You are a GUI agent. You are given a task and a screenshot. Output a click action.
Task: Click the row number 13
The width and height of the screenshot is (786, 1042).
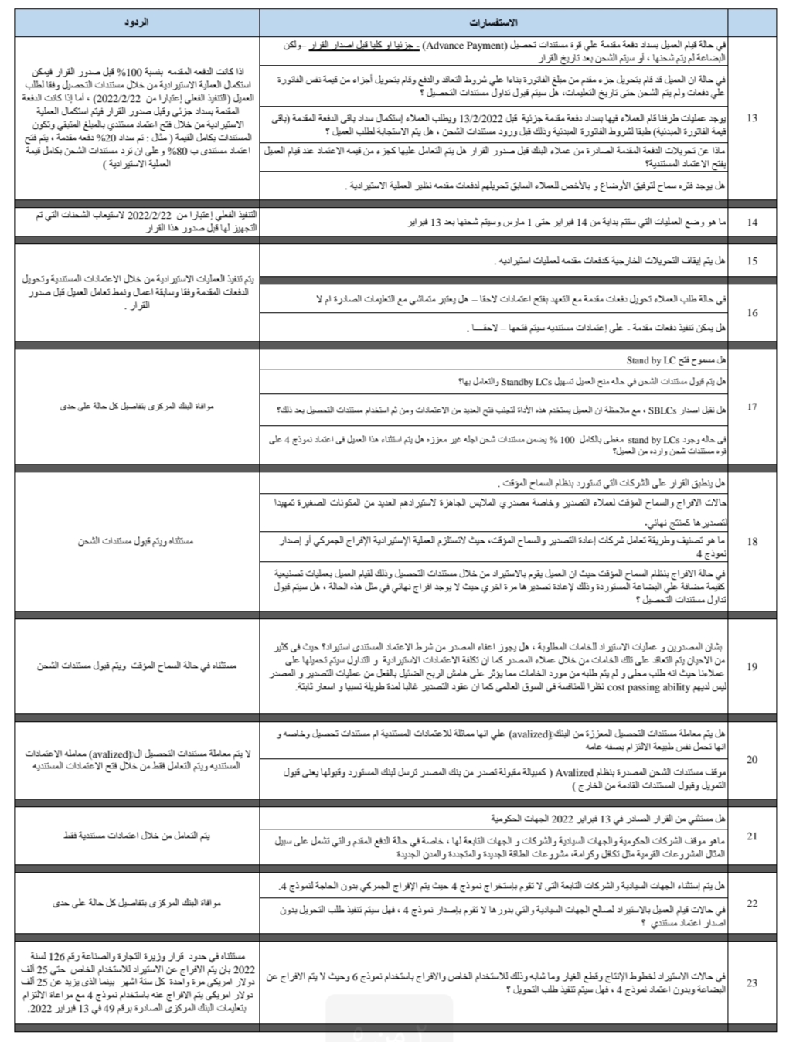point(753,118)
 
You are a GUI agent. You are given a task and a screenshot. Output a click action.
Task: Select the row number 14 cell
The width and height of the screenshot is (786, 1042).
point(753,223)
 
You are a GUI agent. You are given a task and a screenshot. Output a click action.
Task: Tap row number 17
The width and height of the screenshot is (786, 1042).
point(753,407)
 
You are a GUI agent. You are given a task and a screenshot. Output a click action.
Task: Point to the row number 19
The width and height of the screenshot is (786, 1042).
point(753,667)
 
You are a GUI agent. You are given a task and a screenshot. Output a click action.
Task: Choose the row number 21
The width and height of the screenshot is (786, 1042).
point(753,836)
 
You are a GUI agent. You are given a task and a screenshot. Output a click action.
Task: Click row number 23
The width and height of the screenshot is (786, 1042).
point(753,983)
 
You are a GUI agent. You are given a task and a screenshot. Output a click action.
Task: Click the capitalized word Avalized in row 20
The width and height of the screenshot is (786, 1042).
point(575,772)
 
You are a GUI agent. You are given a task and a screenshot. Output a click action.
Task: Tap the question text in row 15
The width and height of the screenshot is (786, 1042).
point(611,261)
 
